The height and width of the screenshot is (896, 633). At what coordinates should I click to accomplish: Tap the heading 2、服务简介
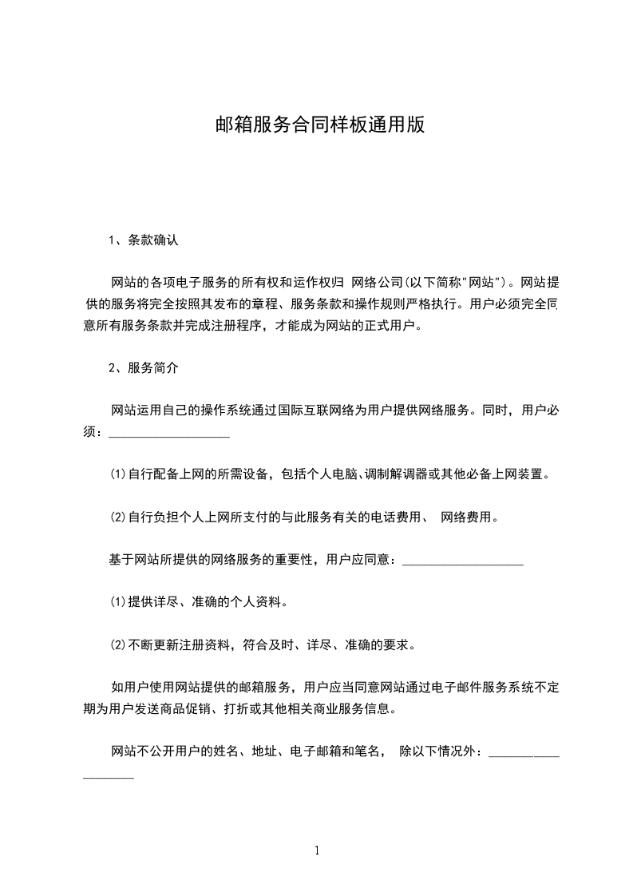pos(144,368)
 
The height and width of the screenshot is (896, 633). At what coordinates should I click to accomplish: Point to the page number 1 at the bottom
pos(318,850)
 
